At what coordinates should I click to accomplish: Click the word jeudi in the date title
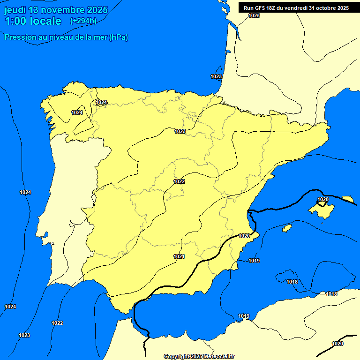[15, 10]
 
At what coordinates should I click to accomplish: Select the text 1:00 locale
[33, 21]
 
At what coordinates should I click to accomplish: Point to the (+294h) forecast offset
[83, 21]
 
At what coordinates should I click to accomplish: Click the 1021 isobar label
[179, 256]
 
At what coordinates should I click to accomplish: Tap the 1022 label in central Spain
[179, 181]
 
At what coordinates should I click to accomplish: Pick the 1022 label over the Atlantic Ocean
[57, 323]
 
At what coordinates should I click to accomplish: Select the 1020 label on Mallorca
[323, 200]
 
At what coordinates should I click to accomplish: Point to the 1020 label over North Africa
[337, 344]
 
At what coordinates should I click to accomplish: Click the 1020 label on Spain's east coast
[244, 236]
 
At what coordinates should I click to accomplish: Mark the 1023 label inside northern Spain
[180, 131]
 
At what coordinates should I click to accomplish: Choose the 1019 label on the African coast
[244, 316]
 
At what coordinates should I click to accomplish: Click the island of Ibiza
[287, 228]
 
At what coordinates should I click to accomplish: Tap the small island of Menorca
[348, 199]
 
